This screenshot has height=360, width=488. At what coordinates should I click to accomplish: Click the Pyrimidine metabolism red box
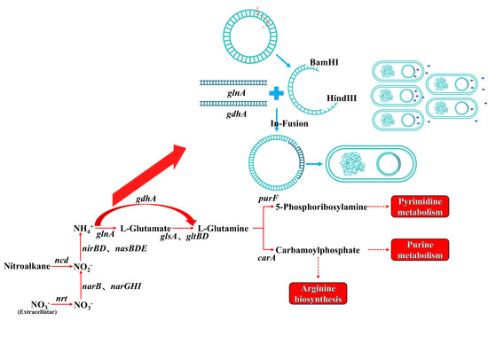pos(420,207)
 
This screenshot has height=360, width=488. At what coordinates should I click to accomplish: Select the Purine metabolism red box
pos(420,249)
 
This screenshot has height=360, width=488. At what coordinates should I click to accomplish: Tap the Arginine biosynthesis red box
pos(318,293)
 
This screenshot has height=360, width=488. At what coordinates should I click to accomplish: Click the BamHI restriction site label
pos(324,62)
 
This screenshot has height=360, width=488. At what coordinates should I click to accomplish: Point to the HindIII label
pos(342,98)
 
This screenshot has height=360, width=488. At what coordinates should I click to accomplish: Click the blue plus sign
pos(276,93)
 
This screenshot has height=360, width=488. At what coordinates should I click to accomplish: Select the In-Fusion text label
pos(289,123)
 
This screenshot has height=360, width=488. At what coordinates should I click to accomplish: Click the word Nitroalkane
pos(27,266)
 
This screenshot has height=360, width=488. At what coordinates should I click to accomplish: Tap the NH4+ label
pos(83,229)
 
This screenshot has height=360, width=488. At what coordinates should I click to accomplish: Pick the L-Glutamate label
pos(146,229)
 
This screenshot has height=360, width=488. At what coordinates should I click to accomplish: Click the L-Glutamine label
pos(223,229)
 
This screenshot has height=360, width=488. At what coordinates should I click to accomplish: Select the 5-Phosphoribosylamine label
pos(321,207)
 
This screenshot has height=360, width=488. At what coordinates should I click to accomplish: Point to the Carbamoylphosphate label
pos(318,250)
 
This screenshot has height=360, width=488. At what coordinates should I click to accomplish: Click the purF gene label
pos(268,199)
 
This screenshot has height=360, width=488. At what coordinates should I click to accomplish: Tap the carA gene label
pos(267,258)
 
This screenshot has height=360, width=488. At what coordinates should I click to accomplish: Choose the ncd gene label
pos(61,260)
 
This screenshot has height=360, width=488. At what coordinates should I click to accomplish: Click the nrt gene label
pos(61,299)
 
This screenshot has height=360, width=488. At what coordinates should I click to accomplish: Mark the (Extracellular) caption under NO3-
pos(37,312)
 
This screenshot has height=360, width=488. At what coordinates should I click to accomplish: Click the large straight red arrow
pos(149,176)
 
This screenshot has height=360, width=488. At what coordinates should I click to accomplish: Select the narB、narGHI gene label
pos(112,286)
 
